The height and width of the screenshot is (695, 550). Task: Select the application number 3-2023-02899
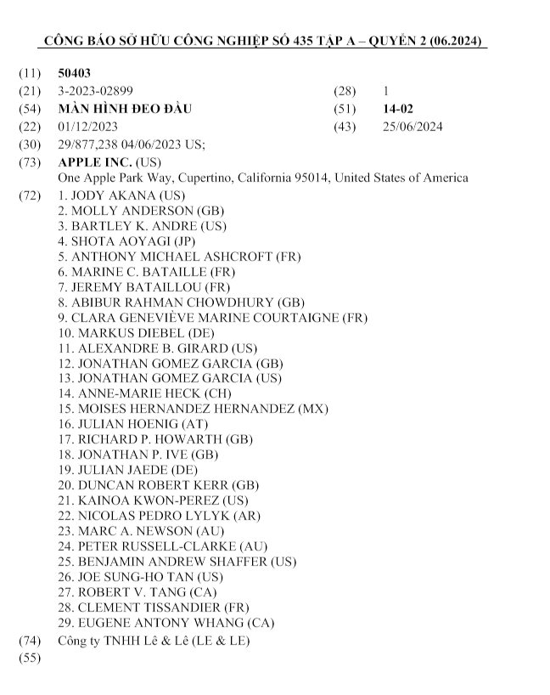point(95,91)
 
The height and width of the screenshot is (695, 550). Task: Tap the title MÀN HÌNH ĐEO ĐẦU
point(125,110)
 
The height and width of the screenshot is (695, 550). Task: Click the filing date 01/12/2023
point(87,127)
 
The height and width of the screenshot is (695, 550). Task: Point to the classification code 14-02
point(398,110)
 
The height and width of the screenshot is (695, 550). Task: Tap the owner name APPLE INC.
point(94,161)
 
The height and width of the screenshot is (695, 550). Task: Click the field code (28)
point(347,91)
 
